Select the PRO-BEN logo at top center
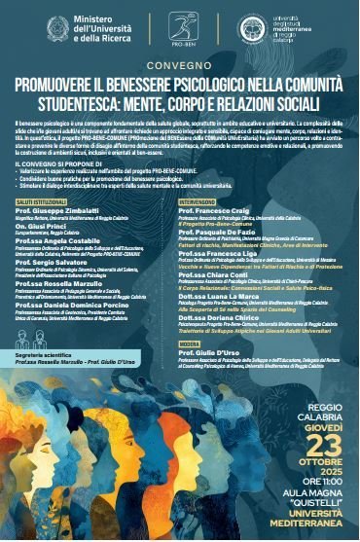click(x=180, y=28)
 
